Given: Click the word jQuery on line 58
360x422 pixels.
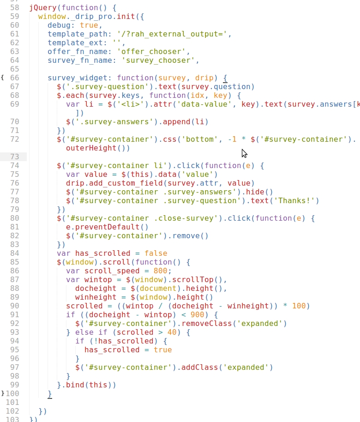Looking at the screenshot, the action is (x=42, y=8).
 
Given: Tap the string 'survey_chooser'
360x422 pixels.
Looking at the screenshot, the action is (x=160, y=60).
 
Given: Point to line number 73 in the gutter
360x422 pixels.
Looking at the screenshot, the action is (x=14, y=157).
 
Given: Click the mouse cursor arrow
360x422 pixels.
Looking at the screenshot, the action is (x=244, y=153).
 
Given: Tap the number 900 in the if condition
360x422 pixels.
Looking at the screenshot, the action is (x=197, y=314).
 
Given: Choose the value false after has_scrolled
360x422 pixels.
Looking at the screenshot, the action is (x=156, y=253).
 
